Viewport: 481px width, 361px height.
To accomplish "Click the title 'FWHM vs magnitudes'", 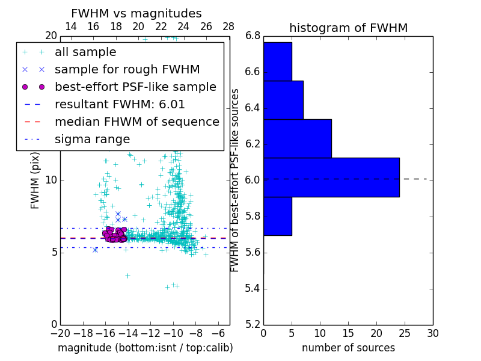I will (x=136, y=13).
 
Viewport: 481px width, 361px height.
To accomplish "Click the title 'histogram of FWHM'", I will (x=348, y=28).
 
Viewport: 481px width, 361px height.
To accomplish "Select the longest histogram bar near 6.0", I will (x=331, y=177).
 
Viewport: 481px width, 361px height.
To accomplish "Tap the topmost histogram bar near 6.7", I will (x=277, y=61).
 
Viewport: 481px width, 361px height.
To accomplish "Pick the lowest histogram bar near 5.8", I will (x=277, y=216).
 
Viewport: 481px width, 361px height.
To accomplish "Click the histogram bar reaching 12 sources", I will (x=297, y=138).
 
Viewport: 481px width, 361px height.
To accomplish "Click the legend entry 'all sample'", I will (x=85, y=52).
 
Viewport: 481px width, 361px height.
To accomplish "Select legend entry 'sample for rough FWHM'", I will (x=127, y=70).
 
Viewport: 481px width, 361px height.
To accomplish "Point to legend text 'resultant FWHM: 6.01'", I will (x=120, y=105).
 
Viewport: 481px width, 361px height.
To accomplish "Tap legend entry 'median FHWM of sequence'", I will (x=136, y=122).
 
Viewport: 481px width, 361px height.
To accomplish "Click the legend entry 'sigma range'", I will (x=92, y=140).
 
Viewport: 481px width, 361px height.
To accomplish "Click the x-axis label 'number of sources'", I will (x=348, y=348).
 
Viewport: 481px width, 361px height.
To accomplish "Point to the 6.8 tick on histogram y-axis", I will (x=253, y=36).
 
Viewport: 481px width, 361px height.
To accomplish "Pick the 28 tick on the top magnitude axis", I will (x=228, y=26).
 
